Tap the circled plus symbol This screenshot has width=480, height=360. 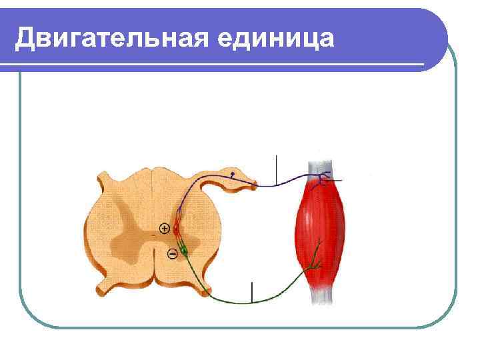coord(164,229)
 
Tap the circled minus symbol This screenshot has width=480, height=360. coord(171,253)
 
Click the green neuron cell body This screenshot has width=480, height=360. coord(185,251)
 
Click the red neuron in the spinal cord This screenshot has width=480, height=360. coord(177,229)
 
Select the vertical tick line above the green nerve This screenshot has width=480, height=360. coord(253,291)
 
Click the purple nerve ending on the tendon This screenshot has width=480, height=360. coord(325,178)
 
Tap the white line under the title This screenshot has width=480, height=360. coord(213,65)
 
